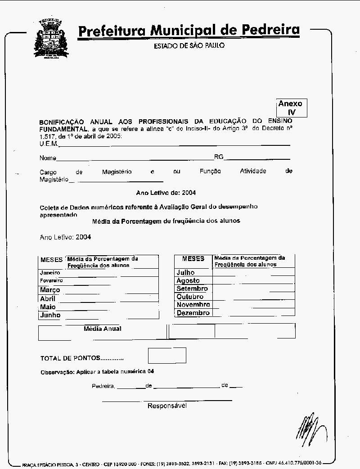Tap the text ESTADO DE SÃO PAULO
pos(189,46)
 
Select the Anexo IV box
pos(291,108)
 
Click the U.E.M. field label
pos(48,144)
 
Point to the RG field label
pos(219,157)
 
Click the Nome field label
pos(48,158)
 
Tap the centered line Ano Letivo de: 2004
pos(166,193)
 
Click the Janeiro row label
pos(50,273)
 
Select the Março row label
pos(50,290)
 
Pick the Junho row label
pos(50,315)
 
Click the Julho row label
pos(185,272)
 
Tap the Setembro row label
pos(192,289)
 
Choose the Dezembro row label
pos(193,313)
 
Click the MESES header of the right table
pos(193,259)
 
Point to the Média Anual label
pos(103,329)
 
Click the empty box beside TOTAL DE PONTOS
pos(167,356)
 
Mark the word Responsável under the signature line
pos(167,406)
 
